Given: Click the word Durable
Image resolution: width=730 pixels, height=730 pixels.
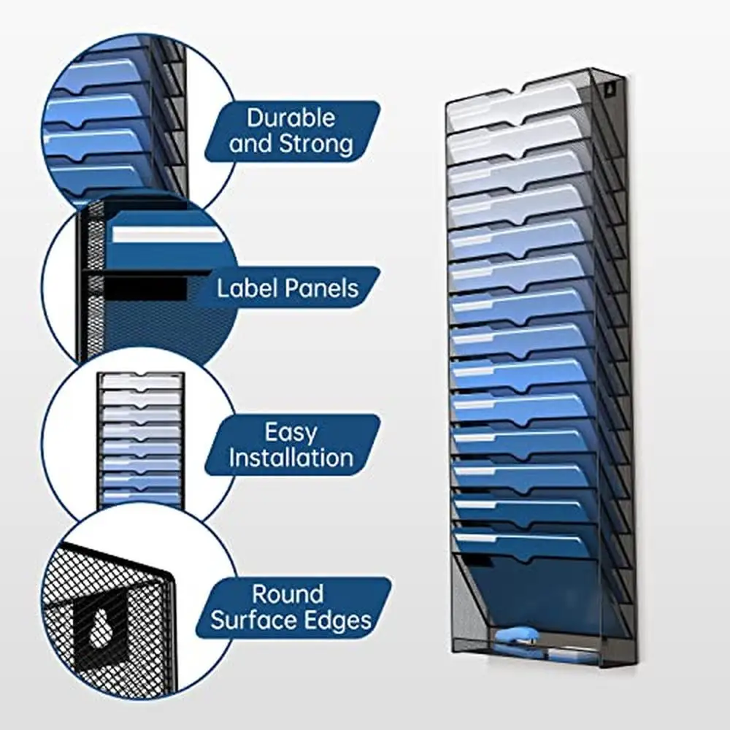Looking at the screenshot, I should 291,118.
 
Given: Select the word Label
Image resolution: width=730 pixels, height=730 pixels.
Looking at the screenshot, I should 247,288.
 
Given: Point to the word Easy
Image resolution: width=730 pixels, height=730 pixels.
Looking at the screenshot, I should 291,432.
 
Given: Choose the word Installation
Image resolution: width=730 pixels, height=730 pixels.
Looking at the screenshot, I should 291,458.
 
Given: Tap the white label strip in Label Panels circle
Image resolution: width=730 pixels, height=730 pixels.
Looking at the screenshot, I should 165,236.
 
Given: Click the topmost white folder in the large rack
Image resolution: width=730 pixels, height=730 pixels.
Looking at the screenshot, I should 511,108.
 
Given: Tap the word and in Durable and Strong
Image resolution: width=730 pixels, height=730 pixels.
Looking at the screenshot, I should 251,144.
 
